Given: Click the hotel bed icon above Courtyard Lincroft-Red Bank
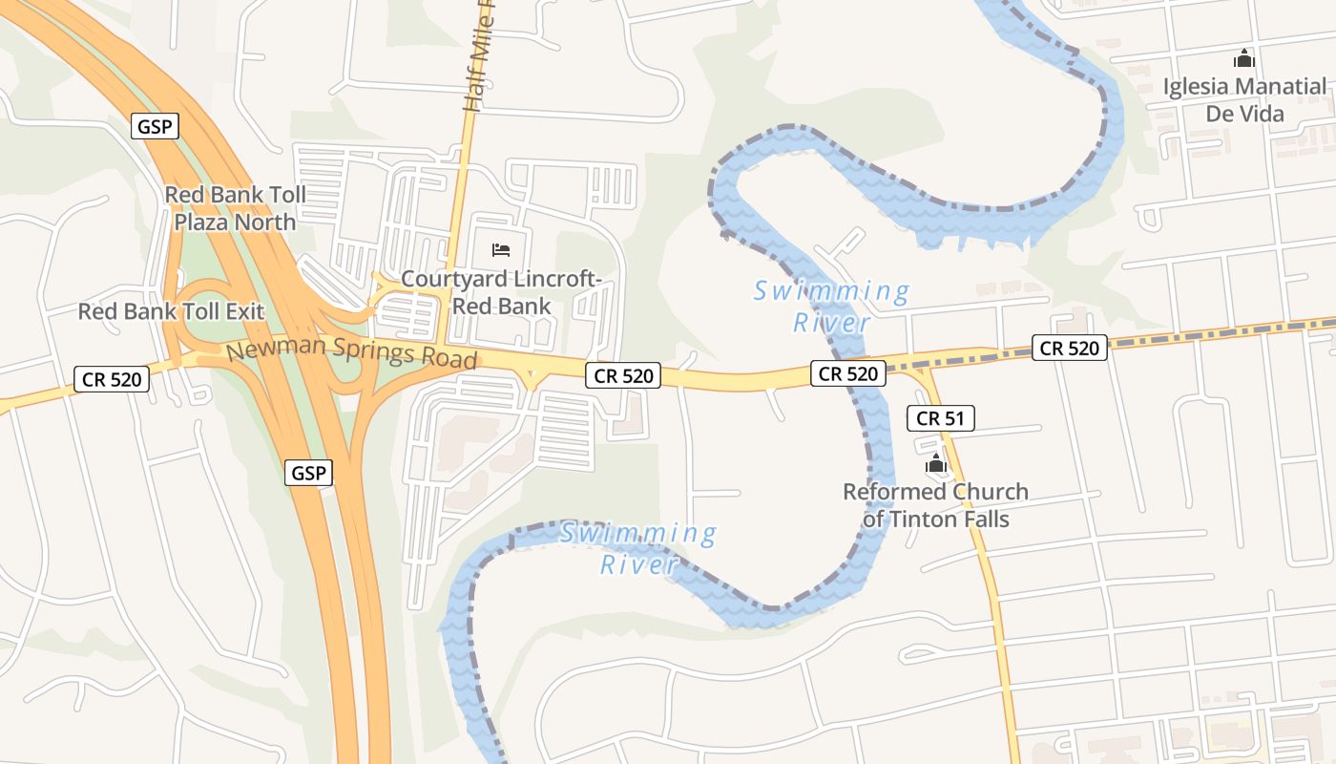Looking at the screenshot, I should (501, 250).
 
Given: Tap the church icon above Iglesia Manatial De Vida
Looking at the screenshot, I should (1243, 59).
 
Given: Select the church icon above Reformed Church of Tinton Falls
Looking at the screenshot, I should (935, 465).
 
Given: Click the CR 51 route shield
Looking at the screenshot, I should (940, 418).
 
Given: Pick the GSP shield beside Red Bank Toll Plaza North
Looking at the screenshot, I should (156, 126).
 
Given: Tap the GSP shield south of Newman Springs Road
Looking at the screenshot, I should (309, 472).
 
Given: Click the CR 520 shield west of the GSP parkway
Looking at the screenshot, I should (112, 379).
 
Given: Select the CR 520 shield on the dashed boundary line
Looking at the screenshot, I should (1069, 349).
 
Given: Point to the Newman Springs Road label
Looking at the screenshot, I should (351, 353).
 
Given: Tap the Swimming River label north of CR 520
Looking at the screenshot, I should (831, 306).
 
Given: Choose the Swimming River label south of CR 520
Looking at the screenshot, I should (637, 548).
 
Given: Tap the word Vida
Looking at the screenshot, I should (1263, 114).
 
